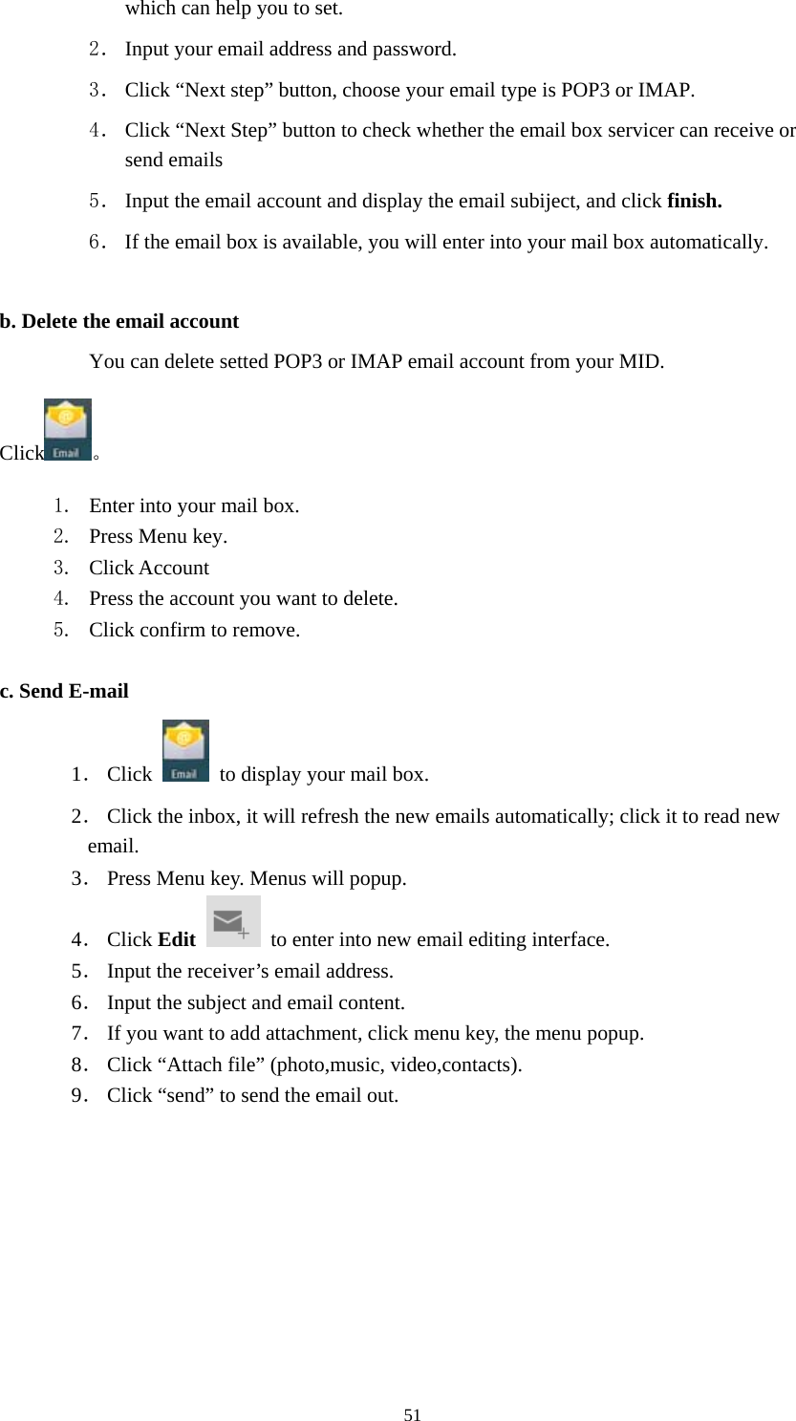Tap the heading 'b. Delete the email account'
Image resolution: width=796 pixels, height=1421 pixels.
tap(119, 321)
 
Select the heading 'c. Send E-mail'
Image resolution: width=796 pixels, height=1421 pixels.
tap(64, 690)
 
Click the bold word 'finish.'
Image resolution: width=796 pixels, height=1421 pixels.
tap(695, 202)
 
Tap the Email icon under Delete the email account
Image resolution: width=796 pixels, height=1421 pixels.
tap(68, 430)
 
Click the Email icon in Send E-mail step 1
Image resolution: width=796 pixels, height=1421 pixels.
tap(185, 751)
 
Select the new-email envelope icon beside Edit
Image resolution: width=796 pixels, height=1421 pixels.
tap(233, 921)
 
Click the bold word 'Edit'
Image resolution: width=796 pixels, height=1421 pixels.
tap(177, 939)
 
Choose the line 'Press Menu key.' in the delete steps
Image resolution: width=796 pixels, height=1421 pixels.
tap(158, 536)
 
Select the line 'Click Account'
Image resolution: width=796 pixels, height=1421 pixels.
tap(148, 568)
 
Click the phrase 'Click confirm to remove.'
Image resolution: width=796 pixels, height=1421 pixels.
tap(194, 631)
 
